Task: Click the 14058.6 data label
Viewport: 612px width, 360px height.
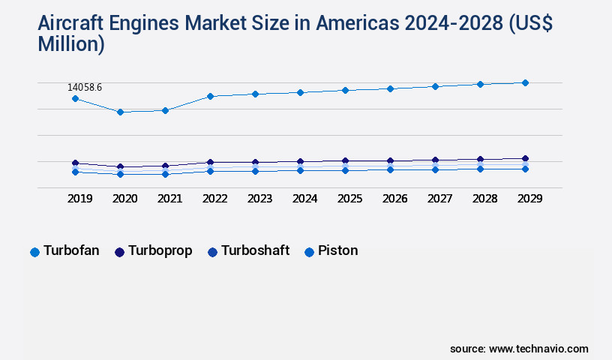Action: (x=85, y=88)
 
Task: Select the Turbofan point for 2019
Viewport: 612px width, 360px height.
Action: (x=75, y=98)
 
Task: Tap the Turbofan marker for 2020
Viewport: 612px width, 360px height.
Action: (x=120, y=112)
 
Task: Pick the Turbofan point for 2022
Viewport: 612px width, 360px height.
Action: (x=210, y=96)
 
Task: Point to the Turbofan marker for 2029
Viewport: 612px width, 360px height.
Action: (x=525, y=82)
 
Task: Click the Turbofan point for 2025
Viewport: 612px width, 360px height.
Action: (x=345, y=90)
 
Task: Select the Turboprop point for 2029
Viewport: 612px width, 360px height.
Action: (x=525, y=158)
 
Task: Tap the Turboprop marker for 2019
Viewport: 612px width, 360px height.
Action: (x=75, y=163)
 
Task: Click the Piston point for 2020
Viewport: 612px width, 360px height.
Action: (x=120, y=174)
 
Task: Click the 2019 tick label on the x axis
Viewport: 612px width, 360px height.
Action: (x=79, y=199)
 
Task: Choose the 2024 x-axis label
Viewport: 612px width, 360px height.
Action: (x=304, y=199)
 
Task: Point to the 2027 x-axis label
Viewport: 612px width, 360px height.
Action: (x=439, y=199)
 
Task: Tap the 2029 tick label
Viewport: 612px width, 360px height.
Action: (x=529, y=199)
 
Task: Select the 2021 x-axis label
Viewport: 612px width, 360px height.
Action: (x=169, y=199)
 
